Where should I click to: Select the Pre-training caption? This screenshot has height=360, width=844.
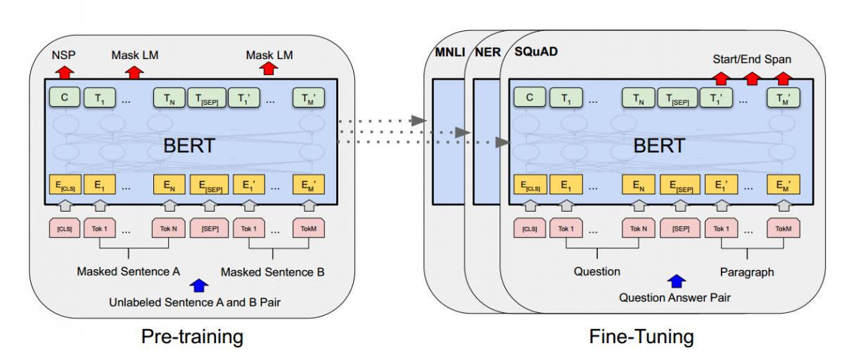[192, 336]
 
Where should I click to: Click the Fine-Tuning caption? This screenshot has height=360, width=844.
[641, 336]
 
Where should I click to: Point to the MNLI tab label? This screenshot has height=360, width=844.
[447, 53]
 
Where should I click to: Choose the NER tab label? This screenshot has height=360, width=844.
[486, 53]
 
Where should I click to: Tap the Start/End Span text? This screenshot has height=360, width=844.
[751, 59]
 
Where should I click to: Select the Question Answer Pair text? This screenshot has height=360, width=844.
[674, 297]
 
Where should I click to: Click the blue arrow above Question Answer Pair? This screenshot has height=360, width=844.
[676, 281]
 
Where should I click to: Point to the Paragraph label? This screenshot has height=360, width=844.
[747, 271]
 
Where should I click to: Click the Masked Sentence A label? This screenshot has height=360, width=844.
[129, 271]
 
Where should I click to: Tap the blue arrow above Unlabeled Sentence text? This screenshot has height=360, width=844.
[199, 285]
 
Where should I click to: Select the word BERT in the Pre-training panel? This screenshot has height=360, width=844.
[189, 146]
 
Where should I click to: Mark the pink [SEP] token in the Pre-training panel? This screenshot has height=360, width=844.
[210, 229]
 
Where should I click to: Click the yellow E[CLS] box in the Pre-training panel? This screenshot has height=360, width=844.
[64, 185]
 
